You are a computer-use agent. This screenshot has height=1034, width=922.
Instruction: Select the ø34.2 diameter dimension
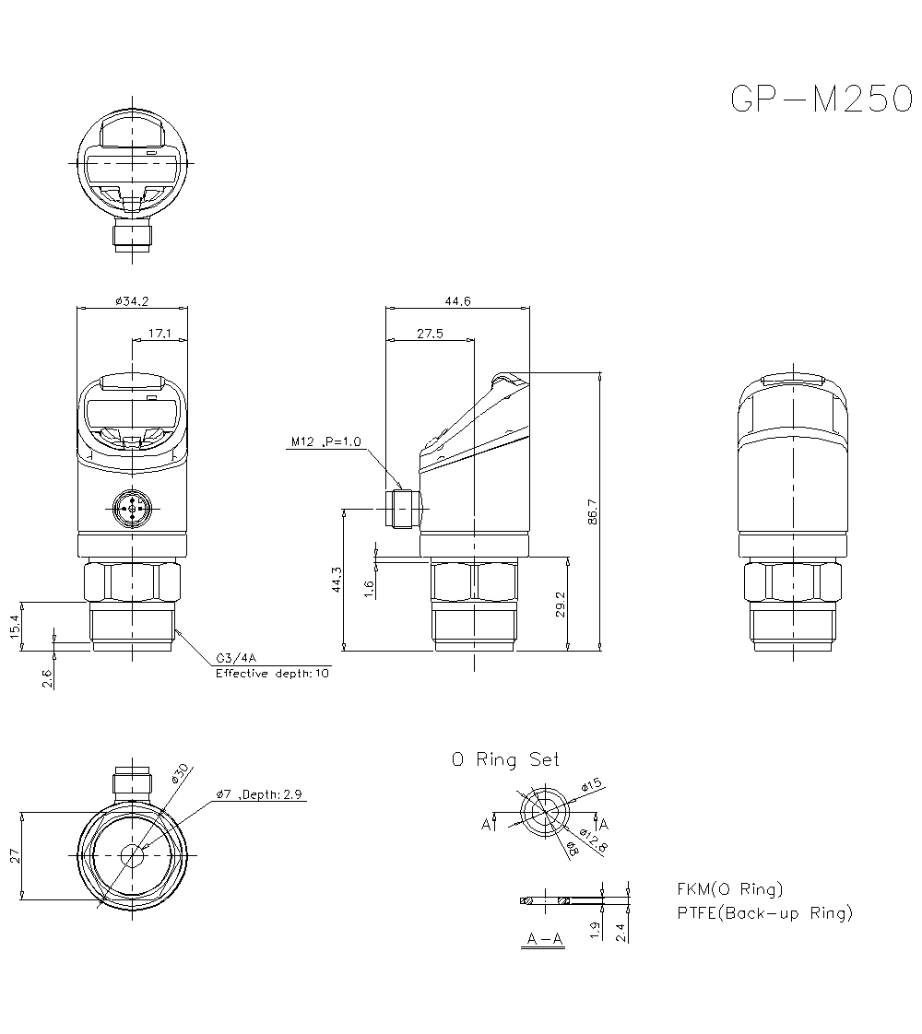coord(132,300)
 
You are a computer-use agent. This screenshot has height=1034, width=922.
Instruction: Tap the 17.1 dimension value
coord(160,334)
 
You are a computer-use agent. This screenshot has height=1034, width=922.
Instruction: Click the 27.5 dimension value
coord(430,334)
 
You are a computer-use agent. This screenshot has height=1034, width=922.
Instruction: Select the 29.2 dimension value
coord(561,605)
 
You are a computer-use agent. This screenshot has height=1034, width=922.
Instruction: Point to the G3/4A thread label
coord(236,658)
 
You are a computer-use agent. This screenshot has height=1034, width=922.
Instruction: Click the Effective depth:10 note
coord(272,674)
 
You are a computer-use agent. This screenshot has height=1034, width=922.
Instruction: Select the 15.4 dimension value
coord(14,626)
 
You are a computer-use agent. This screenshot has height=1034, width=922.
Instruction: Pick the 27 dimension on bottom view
coord(14,856)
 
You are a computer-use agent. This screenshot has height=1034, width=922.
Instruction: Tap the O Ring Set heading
coord(504,759)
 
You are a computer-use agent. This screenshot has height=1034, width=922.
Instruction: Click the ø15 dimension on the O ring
coord(591,785)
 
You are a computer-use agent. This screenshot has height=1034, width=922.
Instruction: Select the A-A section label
coord(544,939)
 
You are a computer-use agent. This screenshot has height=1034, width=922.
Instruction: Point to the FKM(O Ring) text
coord(729,889)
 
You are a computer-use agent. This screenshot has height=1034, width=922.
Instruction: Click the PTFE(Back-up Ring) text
coord(764,913)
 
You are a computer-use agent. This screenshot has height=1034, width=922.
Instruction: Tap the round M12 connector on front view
coord(132,506)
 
